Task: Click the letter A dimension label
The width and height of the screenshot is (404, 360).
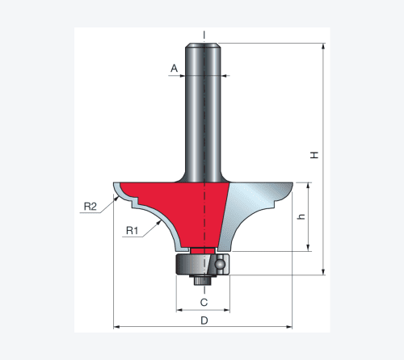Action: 175,68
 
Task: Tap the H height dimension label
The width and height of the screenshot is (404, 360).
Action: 314,155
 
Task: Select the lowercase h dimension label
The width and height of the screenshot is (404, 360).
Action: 301,216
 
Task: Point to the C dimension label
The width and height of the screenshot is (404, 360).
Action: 204,303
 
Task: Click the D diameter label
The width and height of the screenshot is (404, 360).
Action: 204,320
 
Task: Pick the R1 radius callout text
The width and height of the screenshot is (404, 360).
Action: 132,231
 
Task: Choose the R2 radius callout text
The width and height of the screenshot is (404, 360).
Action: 90,207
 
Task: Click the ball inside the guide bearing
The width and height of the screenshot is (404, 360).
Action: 220,265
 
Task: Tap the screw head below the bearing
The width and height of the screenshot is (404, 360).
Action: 203,280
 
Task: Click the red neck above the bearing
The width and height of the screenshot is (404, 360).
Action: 203,250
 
